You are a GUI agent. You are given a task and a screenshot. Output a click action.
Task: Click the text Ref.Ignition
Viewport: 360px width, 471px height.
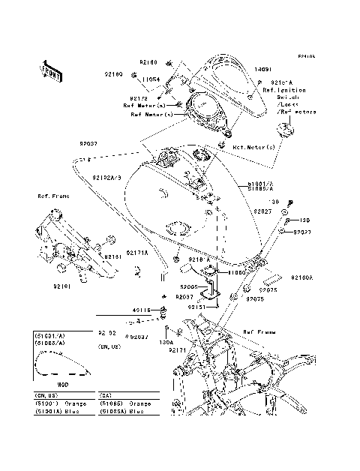(x=283, y=90)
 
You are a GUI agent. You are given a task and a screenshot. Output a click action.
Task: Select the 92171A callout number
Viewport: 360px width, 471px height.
(x=137, y=253)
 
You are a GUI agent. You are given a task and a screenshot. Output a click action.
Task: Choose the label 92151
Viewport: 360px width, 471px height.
(x=197, y=307)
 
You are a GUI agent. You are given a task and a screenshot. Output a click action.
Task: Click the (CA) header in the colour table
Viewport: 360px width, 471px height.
(x=106, y=396)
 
